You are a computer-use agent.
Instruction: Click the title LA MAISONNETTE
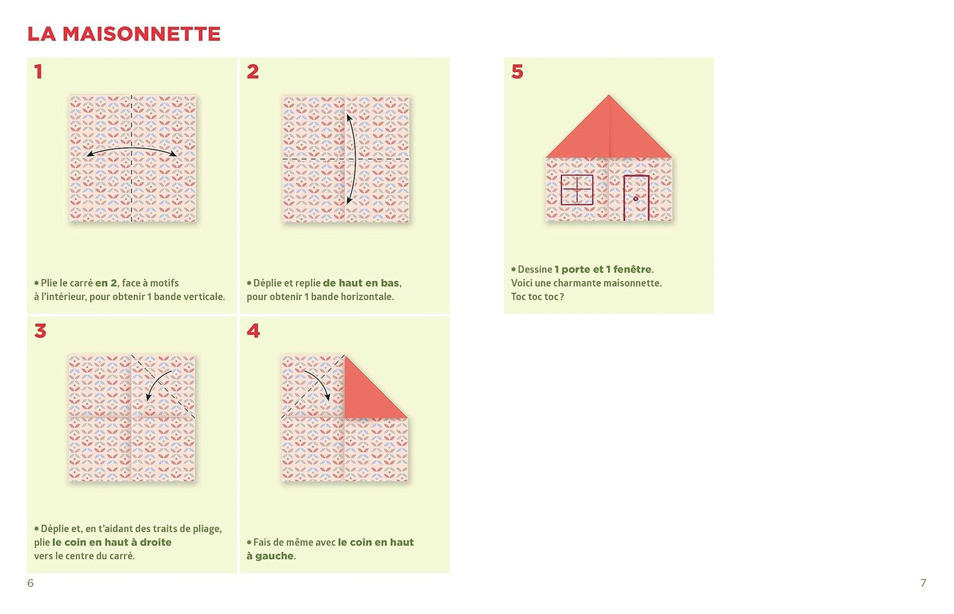tap(124, 34)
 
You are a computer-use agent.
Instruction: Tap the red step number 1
tap(38, 71)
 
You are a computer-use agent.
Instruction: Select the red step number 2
tap(253, 71)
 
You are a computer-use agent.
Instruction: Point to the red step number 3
tap(40, 331)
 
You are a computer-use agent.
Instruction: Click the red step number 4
tap(253, 331)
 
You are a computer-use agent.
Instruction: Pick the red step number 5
tap(517, 71)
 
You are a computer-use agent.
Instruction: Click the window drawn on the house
tap(577, 189)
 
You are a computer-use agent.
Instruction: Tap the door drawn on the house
tap(636, 198)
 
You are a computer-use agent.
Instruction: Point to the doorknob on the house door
tap(636, 199)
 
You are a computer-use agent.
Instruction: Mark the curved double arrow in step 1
tap(131, 149)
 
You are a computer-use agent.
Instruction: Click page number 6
tap(30, 583)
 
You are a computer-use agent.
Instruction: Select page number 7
tap(924, 583)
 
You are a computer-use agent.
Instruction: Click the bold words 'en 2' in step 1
tap(106, 283)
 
